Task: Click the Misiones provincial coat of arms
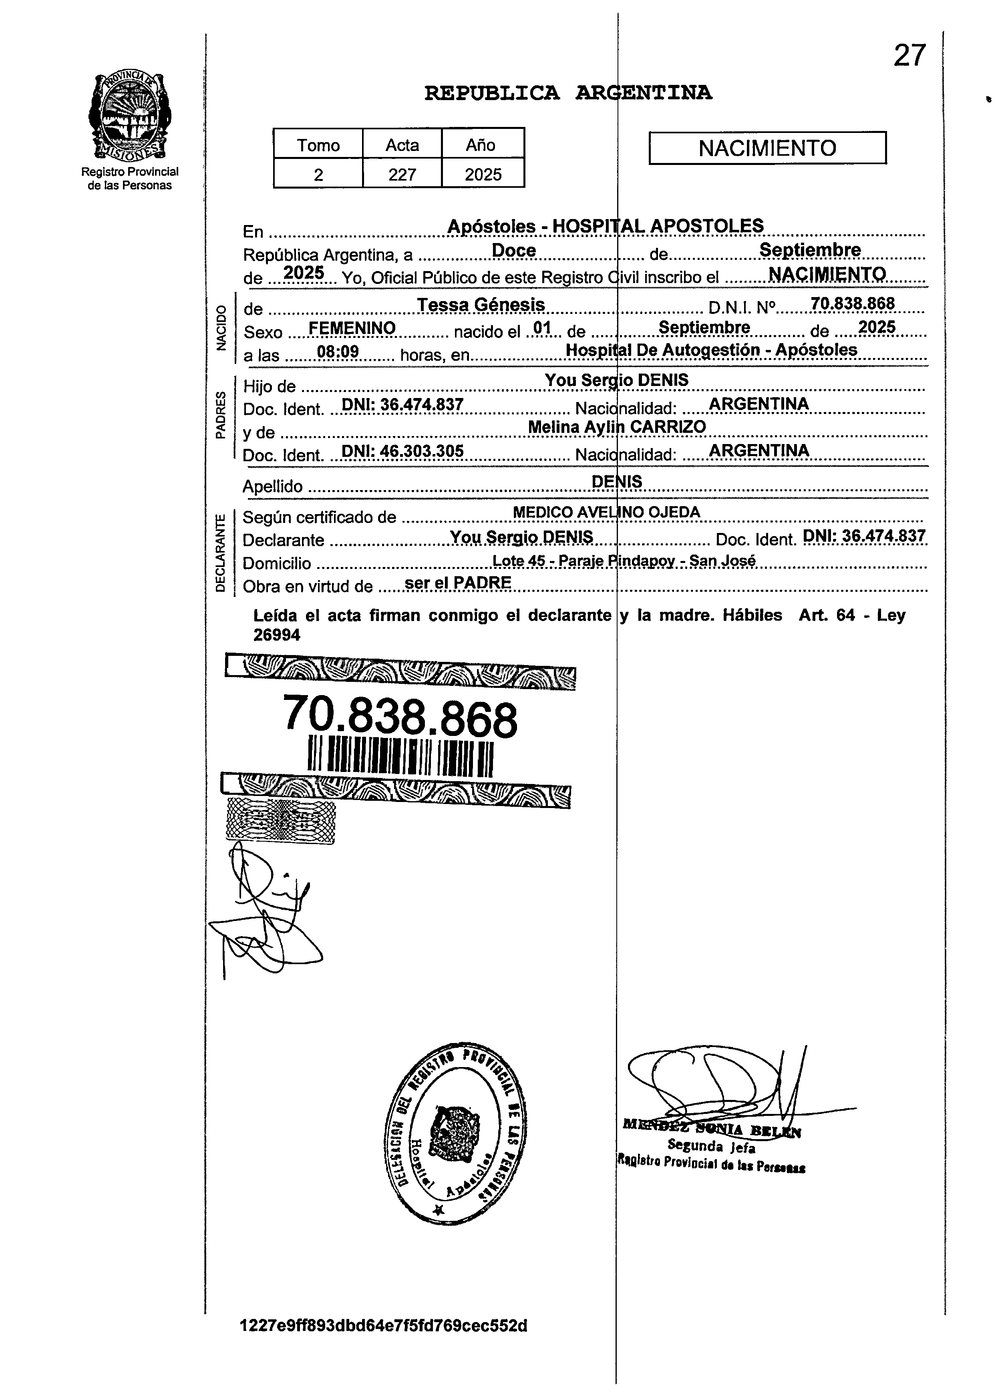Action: pos(130,116)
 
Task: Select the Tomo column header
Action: pos(318,145)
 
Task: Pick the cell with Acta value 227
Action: pos(402,175)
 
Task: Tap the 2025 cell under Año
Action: pos(483,175)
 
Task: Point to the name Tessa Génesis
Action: pos(481,305)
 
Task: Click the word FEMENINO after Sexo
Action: pos(352,328)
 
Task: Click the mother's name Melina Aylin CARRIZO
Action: pos(617,427)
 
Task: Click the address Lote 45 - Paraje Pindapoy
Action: pos(623,561)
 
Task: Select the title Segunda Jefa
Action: pos(711,1146)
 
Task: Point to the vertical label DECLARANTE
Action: pos(220,553)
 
